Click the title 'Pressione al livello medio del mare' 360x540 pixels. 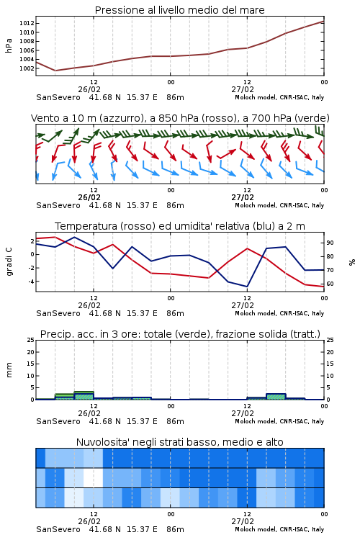click(179, 10)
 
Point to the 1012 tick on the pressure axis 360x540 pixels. click(27, 24)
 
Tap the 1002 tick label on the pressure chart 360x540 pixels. click(27, 68)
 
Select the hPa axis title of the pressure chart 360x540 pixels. click(9, 45)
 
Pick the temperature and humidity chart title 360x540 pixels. click(180, 226)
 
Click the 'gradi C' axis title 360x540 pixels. click(9, 261)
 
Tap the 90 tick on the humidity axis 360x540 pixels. click(330, 243)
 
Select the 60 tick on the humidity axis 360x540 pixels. click(330, 284)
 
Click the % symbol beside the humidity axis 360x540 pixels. click(352, 262)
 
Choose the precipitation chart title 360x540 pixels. click(180, 334)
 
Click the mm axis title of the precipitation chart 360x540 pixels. click(9, 370)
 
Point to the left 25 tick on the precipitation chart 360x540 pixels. click(30, 340)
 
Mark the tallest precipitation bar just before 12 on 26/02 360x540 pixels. click(84, 395)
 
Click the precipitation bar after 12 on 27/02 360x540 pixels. click(276, 397)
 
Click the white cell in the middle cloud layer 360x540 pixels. click(94, 477)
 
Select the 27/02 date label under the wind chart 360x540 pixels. click(243, 197)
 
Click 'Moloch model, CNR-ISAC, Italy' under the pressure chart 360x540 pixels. click(279, 97)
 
